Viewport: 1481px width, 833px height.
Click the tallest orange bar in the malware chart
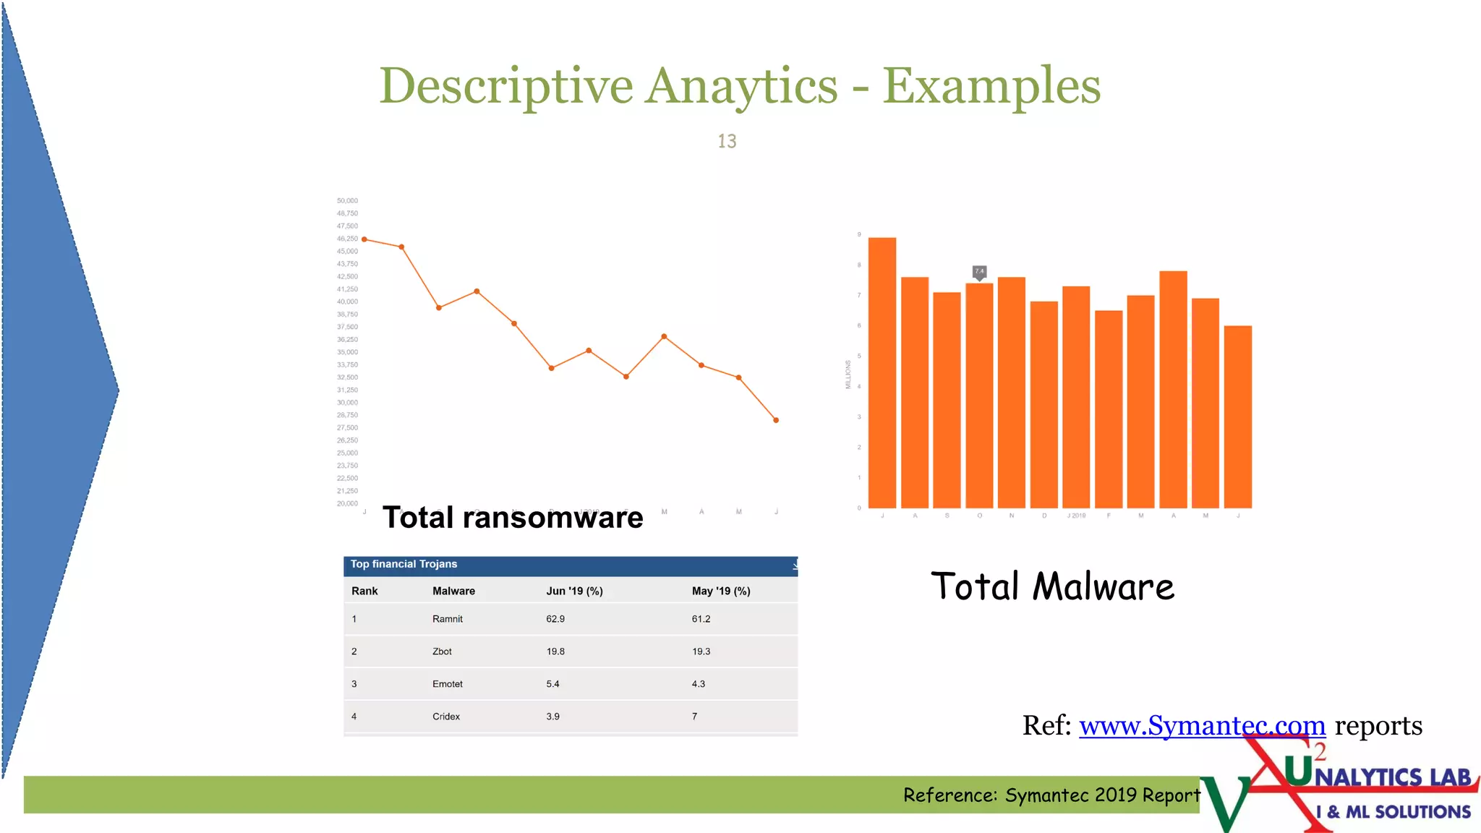click(x=882, y=372)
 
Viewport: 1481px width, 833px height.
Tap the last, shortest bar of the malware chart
click(x=1237, y=416)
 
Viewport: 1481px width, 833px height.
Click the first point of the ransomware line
click(x=364, y=239)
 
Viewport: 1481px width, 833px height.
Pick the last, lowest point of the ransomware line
click(x=776, y=420)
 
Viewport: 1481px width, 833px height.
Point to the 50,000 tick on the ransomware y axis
click(x=347, y=201)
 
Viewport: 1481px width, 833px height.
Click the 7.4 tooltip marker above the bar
click(x=979, y=271)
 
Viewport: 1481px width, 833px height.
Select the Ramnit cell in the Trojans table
click(x=447, y=619)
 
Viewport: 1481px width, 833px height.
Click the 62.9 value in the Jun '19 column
click(x=555, y=619)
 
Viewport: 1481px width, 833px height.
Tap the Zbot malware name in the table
click(x=442, y=652)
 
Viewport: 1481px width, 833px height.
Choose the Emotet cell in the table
click(x=447, y=684)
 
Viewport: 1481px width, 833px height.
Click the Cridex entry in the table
click(x=445, y=717)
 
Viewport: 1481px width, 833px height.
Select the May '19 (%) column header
click(x=720, y=591)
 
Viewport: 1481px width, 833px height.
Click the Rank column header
click(x=364, y=591)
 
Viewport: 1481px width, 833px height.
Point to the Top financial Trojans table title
click(x=404, y=564)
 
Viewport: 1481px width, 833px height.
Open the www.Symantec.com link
click(x=1202, y=725)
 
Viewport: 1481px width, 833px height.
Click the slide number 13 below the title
click(x=727, y=141)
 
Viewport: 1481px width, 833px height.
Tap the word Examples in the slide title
click(x=991, y=86)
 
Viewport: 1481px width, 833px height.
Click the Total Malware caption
click(x=1052, y=586)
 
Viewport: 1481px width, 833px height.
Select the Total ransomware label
click(x=513, y=518)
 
